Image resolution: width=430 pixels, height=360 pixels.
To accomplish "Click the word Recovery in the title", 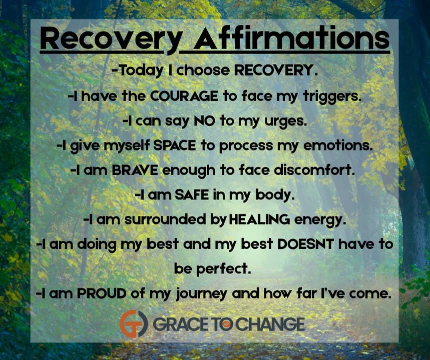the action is tap(111, 40).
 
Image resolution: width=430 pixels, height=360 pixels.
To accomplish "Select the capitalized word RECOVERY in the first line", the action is tap(276, 70).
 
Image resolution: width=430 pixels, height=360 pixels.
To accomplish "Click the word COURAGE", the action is tap(184, 96).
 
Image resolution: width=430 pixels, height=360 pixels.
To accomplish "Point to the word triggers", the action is tap(332, 96).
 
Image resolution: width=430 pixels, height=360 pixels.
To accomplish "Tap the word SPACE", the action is tap(174, 145).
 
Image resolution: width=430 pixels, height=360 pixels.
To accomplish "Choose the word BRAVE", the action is tap(135, 170).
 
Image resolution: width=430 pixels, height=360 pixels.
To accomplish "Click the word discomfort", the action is tap(313, 170).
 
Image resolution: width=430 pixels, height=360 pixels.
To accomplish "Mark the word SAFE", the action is tap(192, 195).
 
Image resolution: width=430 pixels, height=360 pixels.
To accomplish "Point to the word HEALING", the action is tap(259, 219).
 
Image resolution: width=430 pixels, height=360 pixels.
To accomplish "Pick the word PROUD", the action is tap(101, 293).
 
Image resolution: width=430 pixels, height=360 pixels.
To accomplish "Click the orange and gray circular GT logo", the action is tap(134, 323).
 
